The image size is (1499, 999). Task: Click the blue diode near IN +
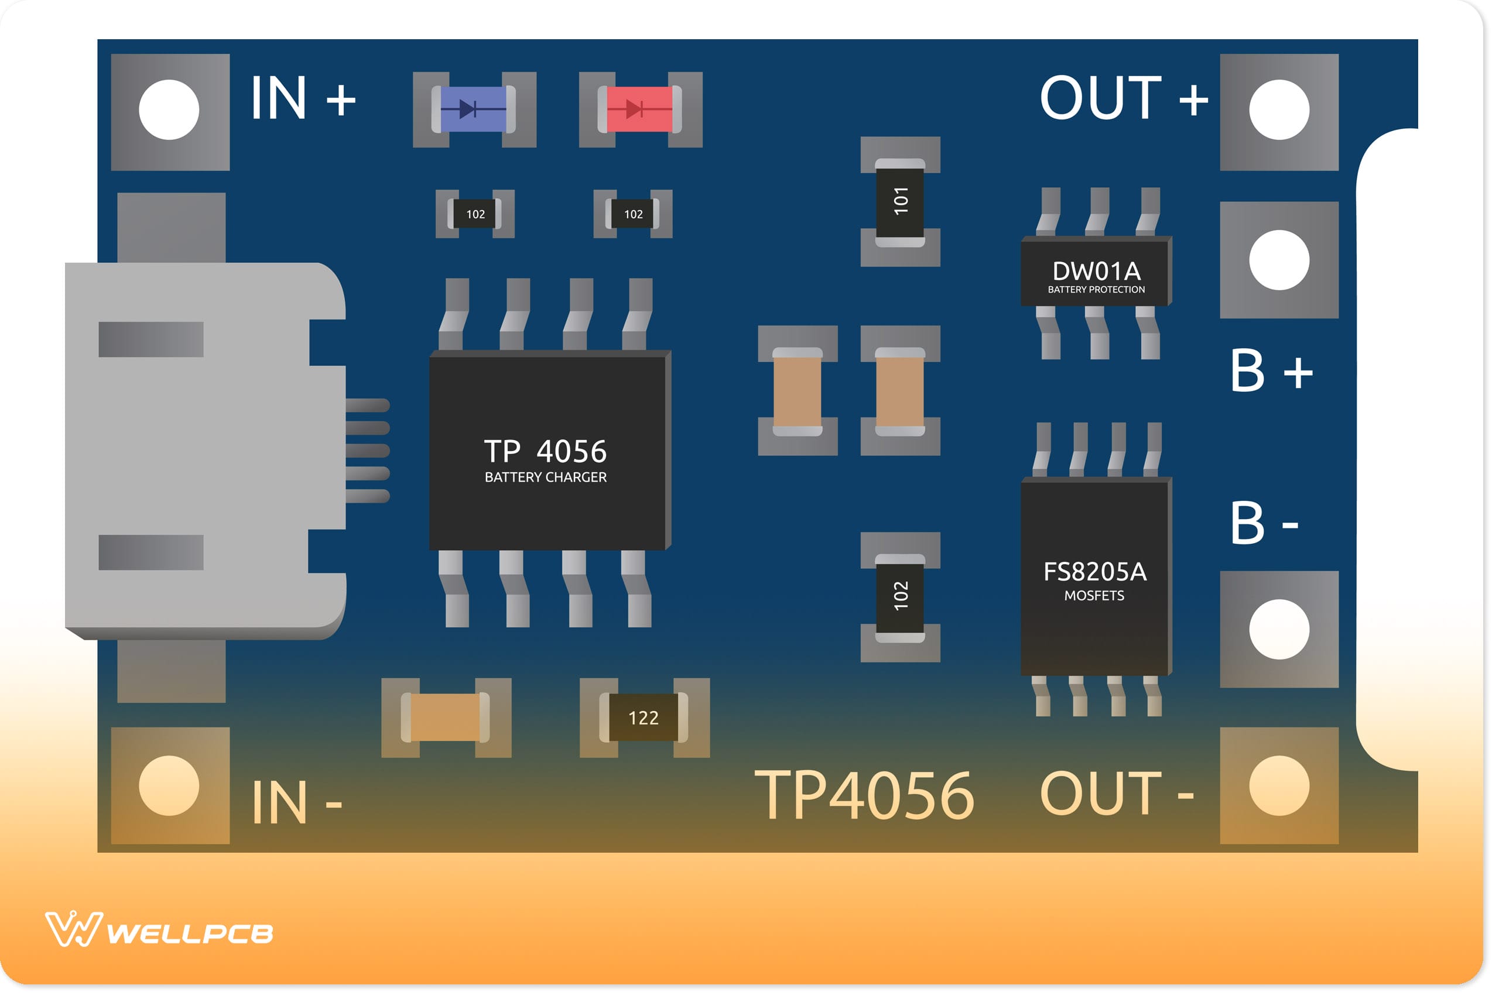(474, 109)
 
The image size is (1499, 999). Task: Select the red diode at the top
(640, 109)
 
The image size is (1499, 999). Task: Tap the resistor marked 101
(900, 202)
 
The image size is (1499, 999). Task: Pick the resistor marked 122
(644, 718)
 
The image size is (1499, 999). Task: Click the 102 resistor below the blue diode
(475, 214)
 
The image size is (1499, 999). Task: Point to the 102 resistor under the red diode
(633, 214)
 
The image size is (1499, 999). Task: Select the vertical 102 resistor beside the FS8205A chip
(900, 596)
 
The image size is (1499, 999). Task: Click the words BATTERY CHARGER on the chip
(546, 477)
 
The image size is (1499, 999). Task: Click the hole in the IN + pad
(169, 109)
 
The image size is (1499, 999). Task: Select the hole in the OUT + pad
(1279, 109)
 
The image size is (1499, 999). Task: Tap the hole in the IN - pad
(169, 785)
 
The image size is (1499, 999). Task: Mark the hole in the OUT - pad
(1279, 785)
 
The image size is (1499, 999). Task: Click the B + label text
(1271, 371)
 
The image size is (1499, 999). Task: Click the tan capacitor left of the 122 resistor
(446, 718)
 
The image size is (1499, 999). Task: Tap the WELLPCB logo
(159, 932)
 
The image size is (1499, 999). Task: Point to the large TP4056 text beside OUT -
(864, 795)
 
